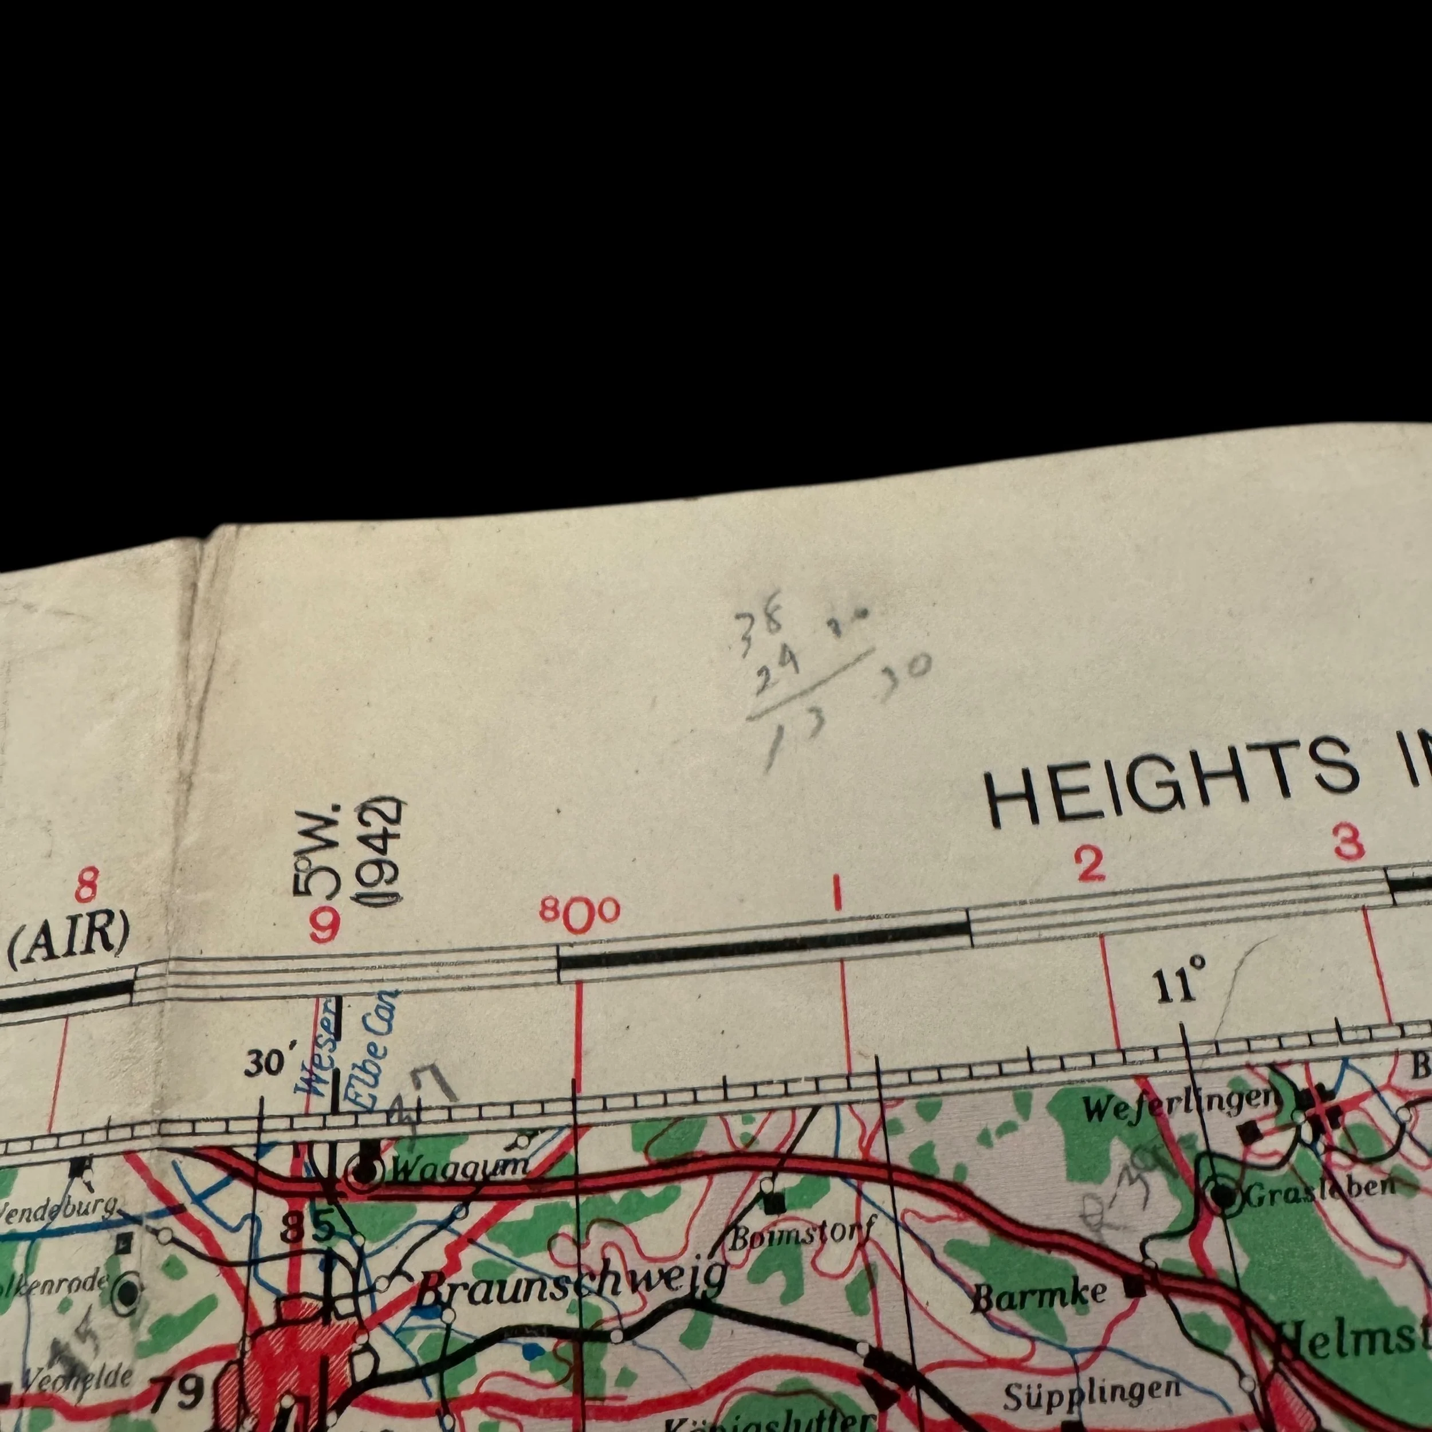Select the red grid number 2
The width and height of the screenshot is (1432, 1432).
[x=1089, y=865]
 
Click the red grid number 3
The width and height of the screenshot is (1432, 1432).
[x=1347, y=843]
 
